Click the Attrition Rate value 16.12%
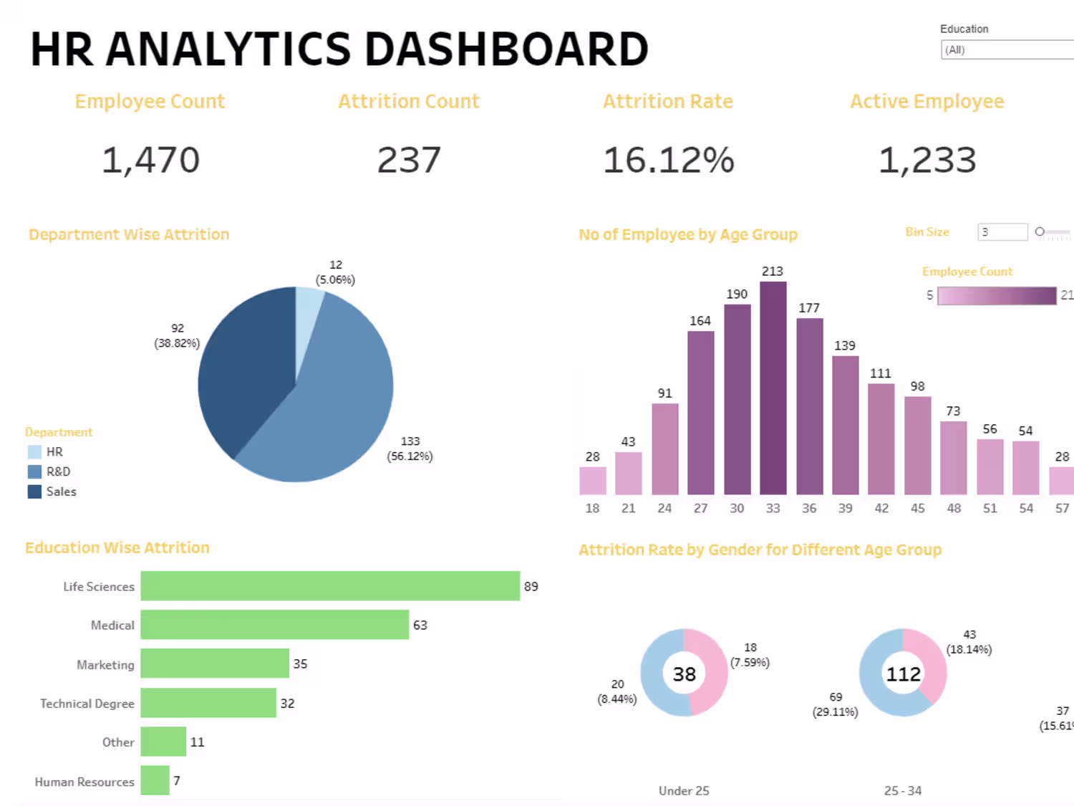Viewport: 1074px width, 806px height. click(668, 160)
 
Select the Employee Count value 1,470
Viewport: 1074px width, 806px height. click(150, 160)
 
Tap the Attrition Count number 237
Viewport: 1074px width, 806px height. click(409, 160)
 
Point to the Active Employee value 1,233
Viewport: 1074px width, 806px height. click(927, 160)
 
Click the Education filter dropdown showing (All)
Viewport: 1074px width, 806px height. click(1006, 50)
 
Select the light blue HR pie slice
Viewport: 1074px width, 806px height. click(308, 315)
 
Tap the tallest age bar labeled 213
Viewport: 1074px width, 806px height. click(773, 387)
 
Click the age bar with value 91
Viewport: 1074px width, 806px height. click(665, 448)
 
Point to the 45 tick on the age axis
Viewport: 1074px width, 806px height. click(917, 508)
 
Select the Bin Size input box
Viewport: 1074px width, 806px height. click(1002, 232)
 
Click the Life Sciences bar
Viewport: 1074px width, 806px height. click(329, 586)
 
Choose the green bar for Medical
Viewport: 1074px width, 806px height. click(274, 625)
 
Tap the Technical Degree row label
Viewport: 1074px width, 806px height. click(87, 704)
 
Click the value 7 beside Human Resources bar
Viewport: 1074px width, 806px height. click(177, 780)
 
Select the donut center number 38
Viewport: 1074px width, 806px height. click(684, 674)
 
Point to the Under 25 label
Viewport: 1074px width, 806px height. click(684, 791)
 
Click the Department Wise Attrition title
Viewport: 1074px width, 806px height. click(129, 234)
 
